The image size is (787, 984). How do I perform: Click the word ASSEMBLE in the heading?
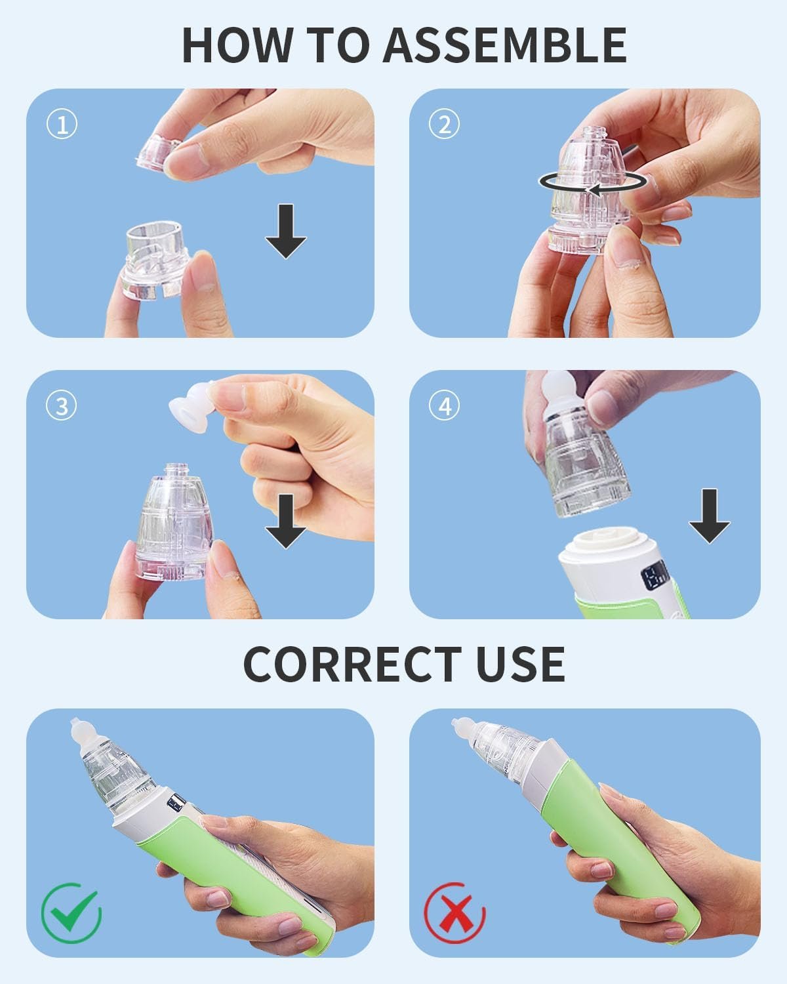[x=505, y=45]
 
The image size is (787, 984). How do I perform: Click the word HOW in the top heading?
[x=237, y=45]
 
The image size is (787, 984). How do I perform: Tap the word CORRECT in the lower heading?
[x=352, y=665]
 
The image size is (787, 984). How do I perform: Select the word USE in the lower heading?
[x=521, y=665]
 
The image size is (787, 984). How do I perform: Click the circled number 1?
[x=62, y=125]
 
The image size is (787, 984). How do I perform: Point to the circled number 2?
[x=444, y=125]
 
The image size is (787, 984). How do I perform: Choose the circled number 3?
[x=62, y=406]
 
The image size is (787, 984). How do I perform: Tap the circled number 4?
[x=444, y=406]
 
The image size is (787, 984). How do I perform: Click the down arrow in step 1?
[x=286, y=232]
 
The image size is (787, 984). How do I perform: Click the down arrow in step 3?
[x=286, y=522]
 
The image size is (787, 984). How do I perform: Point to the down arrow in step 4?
[x=709, y=516]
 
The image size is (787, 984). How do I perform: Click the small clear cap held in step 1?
[x=158, y=154]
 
